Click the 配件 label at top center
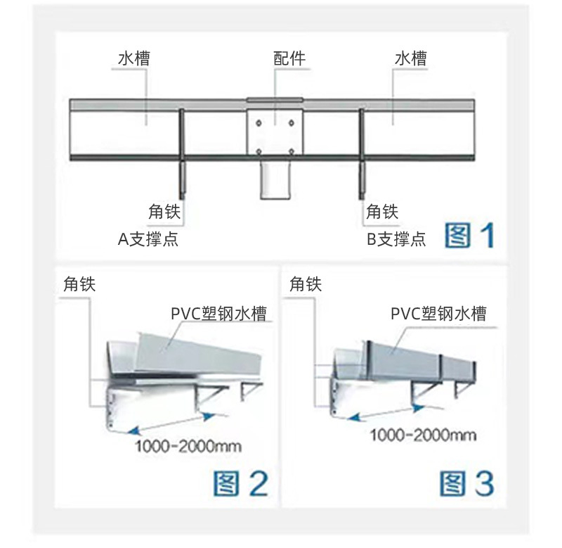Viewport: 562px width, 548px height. click(289, 58)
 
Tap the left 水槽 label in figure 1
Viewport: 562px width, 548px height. click(133, 58)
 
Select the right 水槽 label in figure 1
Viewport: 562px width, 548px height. click(410, 58)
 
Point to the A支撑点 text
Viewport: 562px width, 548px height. click(148, 239)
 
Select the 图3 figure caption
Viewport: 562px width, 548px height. click(466, 483)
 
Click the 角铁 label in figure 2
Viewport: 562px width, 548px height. click(79, 283)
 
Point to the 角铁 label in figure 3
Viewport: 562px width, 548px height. click(306, 283)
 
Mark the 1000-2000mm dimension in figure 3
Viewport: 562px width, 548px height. click(423, 435)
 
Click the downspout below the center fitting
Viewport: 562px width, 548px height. click(275, 179)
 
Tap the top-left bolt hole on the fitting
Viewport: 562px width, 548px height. click(259, 122)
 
